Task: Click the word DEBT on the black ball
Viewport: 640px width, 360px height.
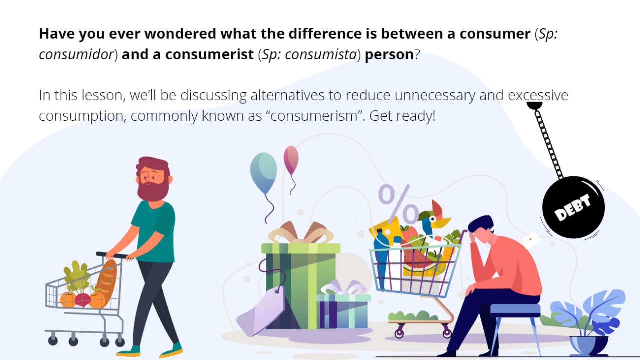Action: (x=572, y=207)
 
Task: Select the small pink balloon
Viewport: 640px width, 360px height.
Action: (x=291, y=159)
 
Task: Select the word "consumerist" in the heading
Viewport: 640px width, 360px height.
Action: (x=209, y=54)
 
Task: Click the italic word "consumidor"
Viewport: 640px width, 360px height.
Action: (x=76, y=54)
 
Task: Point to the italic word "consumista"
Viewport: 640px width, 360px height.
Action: (x=321, y=54)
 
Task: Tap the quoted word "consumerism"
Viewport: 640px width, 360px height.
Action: (x=317, y=116)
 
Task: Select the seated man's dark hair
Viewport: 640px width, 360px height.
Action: (x=481, y=224)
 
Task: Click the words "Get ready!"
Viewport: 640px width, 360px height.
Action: (x=402, y=116)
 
